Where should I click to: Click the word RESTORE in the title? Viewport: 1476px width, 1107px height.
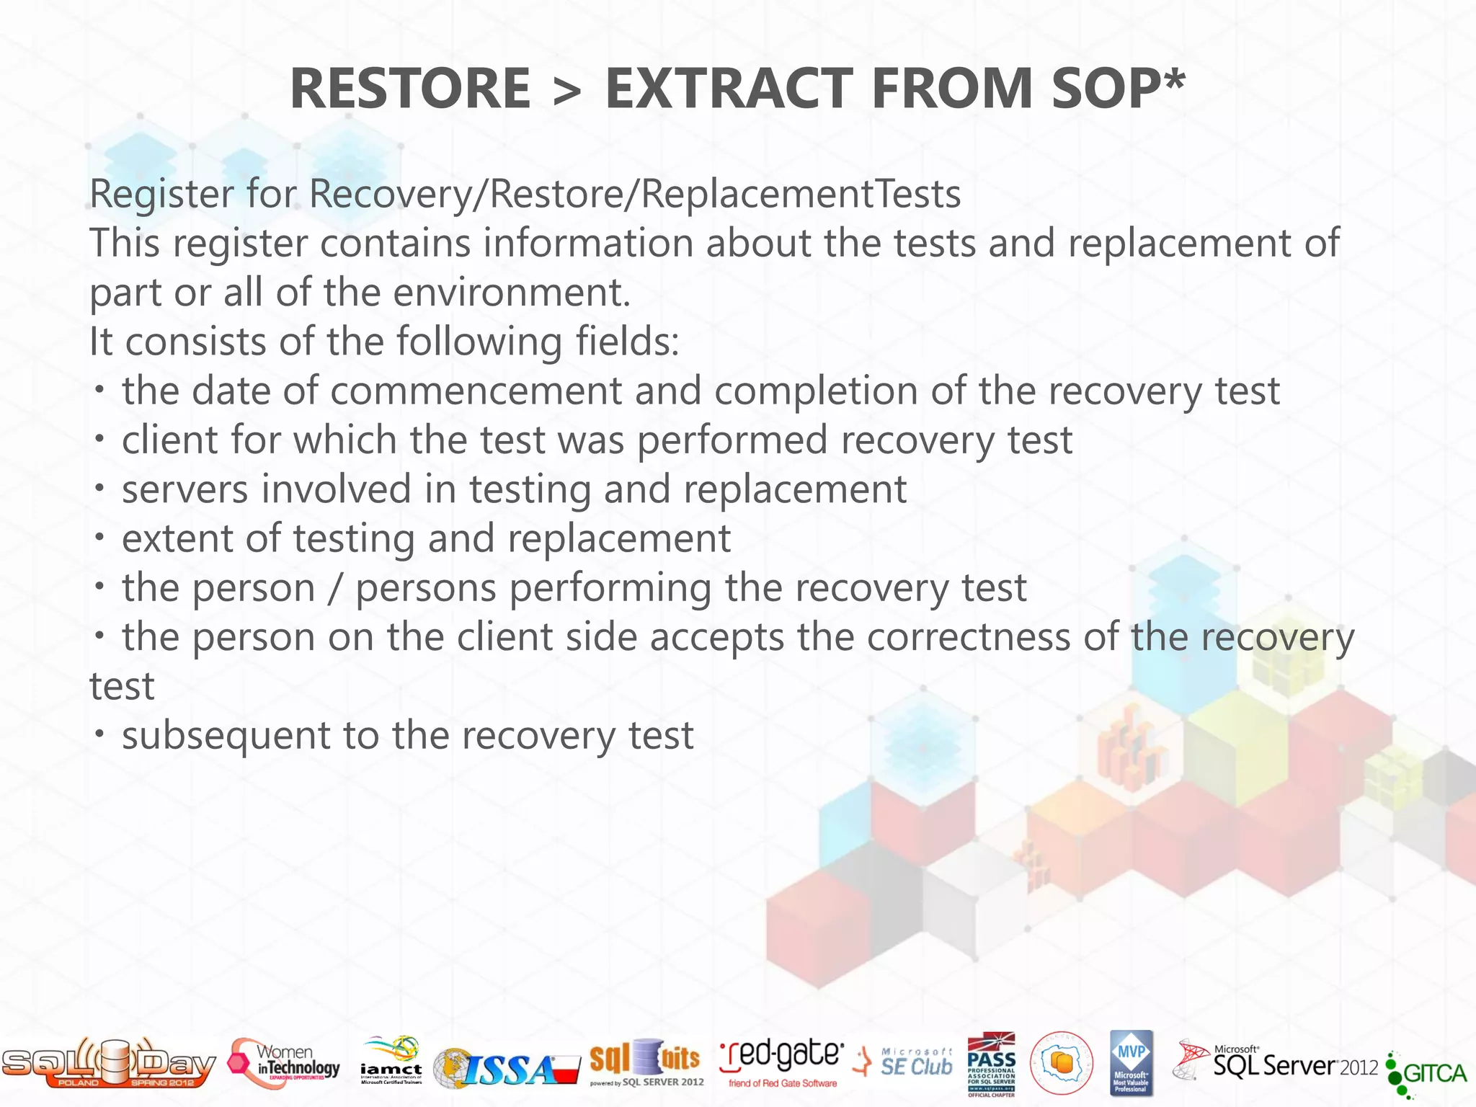pos(409,88)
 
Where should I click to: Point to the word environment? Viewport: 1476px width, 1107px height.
pos(511,293)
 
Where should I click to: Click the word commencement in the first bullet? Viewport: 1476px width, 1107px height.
pos(476,391)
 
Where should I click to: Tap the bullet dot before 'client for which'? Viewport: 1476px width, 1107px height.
pos(100,439)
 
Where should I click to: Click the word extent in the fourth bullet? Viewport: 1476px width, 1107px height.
pos(180,539)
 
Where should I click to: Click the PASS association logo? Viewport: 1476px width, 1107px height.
pos(991,1064)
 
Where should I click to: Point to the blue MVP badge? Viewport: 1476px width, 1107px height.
pos(1131,1062)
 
